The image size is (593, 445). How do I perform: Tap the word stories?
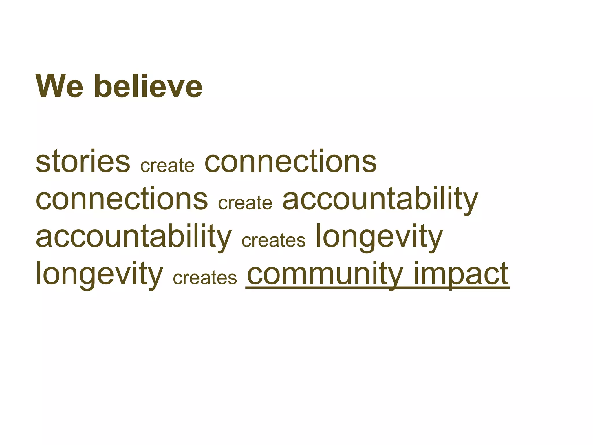click(x=83, y=161)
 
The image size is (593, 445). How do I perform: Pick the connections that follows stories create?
click(x=290, y=161)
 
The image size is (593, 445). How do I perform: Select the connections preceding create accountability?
click(x=122, y=199)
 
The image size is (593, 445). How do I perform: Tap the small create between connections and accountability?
click(x=245, y=203)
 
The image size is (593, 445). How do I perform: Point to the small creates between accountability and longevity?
click(x=273, y=240)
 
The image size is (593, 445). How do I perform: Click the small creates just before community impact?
click(x=205, y=278)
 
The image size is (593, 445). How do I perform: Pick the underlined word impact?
click(x=461, y=274)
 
